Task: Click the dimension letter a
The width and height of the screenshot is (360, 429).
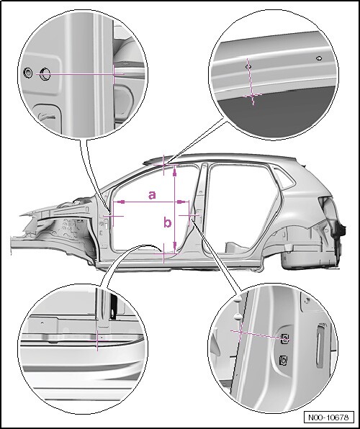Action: [152, 195]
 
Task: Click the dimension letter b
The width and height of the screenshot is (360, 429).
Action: [168, 222]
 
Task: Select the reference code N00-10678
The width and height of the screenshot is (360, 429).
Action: [328, 417]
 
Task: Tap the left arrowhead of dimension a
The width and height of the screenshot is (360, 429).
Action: [121, 202]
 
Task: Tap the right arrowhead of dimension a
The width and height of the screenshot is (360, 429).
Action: [181, 202]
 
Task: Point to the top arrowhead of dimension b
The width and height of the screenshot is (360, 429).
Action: [175, 172]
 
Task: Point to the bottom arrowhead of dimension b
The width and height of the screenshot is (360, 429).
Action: [175, 245]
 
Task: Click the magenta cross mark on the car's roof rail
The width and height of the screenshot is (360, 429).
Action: [163, 165]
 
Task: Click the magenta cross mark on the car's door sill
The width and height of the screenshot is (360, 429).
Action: [163, 253]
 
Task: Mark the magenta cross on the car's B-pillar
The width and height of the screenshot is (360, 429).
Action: [189, 215]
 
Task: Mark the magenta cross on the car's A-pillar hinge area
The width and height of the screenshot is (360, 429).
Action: [113, 216]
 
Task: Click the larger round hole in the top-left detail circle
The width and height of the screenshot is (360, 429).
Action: [45, 74]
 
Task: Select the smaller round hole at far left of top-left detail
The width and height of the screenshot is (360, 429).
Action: [27, 73]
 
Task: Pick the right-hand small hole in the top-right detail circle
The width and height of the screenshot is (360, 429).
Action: [319, 58]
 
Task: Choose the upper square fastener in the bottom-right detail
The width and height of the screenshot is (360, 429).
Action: [284, 339]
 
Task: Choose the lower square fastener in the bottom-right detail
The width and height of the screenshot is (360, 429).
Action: [284, 359]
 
